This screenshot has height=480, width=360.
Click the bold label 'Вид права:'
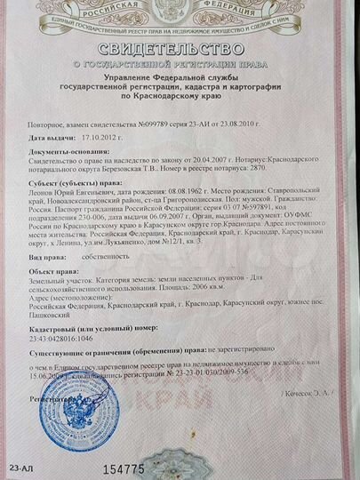coord(48,254)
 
